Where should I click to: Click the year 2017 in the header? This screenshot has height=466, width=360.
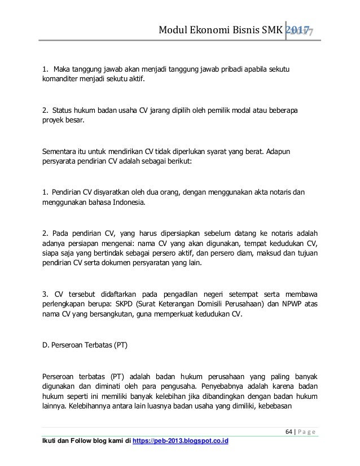pos(301,30)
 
